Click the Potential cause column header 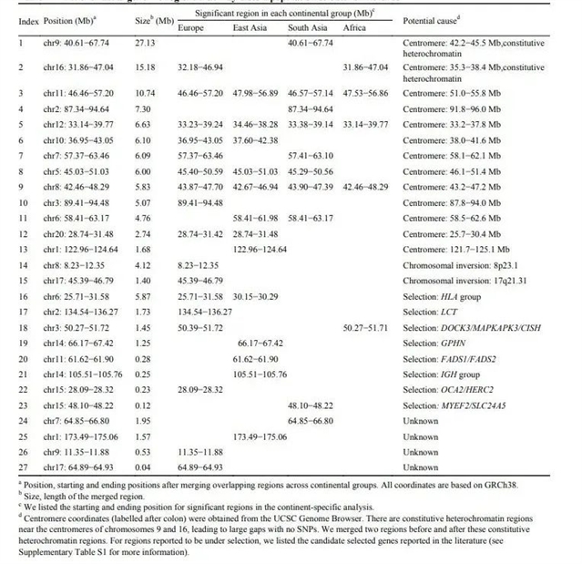[436, 19]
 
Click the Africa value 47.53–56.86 [367, 93]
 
